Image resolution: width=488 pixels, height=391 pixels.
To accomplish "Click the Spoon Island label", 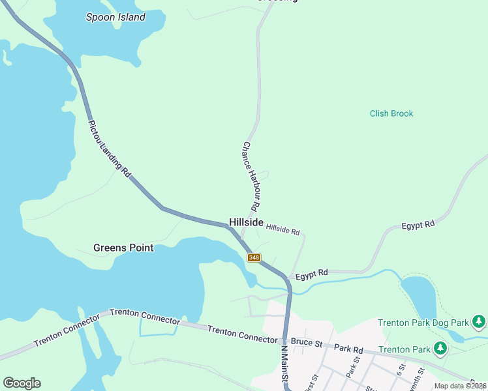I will [115, 18].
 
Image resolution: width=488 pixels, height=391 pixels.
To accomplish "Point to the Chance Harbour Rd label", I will [252, 176].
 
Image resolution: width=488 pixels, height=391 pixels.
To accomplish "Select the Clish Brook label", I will [391, 113].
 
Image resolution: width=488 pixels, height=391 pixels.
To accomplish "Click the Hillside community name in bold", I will [246, 222].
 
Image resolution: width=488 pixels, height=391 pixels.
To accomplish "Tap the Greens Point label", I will [123, 248].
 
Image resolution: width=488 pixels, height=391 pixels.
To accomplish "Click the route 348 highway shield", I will [254, 257].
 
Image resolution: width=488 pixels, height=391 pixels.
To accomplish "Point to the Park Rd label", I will [348, 349].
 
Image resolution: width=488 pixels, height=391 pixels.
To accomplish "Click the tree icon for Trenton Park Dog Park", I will [479, 322].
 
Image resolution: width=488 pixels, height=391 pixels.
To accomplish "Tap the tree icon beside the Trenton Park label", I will [440, 349].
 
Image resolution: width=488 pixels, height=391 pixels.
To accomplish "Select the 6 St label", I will [401, 369].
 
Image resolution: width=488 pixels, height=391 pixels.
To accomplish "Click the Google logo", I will [22, 383].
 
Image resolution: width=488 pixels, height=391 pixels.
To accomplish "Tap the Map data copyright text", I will [460, 386].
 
